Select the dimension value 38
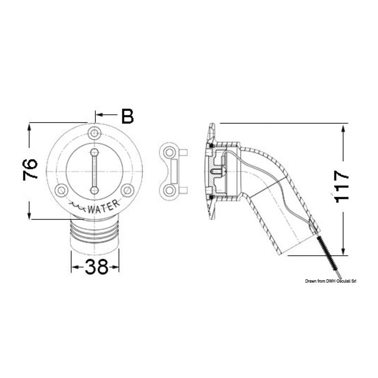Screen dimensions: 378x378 (x=96, y=267)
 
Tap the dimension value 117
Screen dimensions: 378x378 (x=341, y=186)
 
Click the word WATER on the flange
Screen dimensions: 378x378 (x=103, y=207)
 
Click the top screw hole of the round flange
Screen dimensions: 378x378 (x=94, y=133)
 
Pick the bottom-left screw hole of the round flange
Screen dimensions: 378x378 (x=61, y=190)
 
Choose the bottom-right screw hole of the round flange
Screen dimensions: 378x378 (x=127, y=190)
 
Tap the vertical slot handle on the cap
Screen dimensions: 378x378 (x=94, y=171)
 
